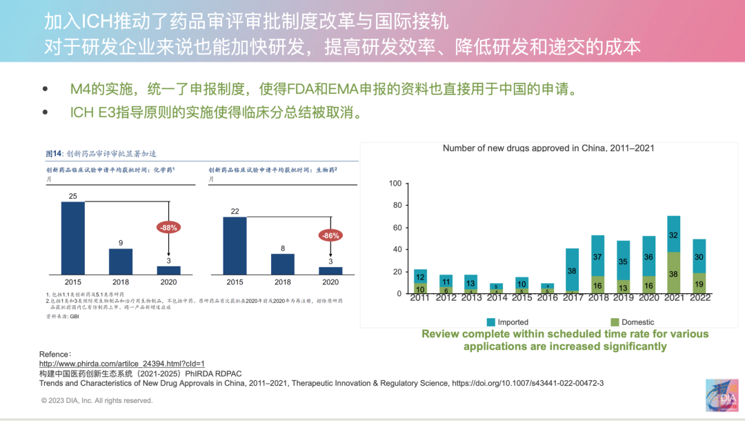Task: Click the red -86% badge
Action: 330,235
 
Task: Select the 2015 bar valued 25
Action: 72,238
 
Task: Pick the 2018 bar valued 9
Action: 121,262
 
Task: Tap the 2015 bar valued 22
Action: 235,246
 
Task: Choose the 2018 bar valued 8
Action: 283,264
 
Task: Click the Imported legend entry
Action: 507,322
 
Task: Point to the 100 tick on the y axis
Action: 395,184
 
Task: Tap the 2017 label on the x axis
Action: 572,297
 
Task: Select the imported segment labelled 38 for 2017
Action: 572,271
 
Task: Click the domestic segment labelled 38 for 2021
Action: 673,273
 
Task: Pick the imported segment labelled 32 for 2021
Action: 673,234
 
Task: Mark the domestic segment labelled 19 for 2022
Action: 699,283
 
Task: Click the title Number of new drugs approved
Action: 548,148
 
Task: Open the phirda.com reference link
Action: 122,363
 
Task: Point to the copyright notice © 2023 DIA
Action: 97,400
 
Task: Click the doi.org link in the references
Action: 528,382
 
